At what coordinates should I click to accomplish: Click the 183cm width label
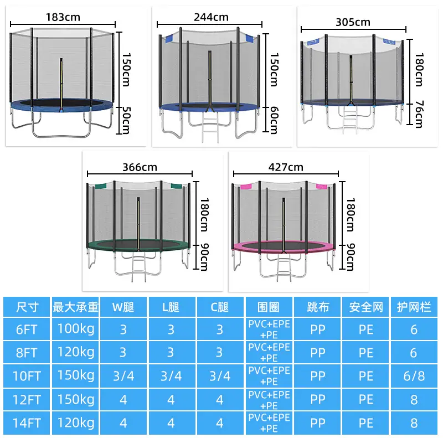coord(63,17)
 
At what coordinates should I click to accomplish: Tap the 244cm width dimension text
coord(211,17)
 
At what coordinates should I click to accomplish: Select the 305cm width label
coord(353,22)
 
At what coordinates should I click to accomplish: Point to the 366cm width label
coord(140,167)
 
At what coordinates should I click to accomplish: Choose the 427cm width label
coord(286,167)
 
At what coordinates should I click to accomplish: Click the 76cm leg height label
coord(419,114)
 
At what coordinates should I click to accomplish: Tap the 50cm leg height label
coord(126,120)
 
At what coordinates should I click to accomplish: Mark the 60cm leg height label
coord(274,120)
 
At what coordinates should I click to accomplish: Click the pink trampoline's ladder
coord(284,267)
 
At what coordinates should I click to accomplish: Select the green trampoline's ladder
coord(138,267)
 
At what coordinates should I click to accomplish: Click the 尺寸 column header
coord(27,307)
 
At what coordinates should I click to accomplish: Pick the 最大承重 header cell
coord(75,307)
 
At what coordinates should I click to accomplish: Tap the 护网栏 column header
coord(414,307)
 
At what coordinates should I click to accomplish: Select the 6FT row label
coord(27,329)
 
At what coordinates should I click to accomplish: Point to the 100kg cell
coord(76,329)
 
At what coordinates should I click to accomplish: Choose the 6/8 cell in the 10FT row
coord(414,376)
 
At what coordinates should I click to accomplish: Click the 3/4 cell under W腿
coord(123,376)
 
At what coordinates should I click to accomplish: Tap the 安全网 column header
coord(366,307)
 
